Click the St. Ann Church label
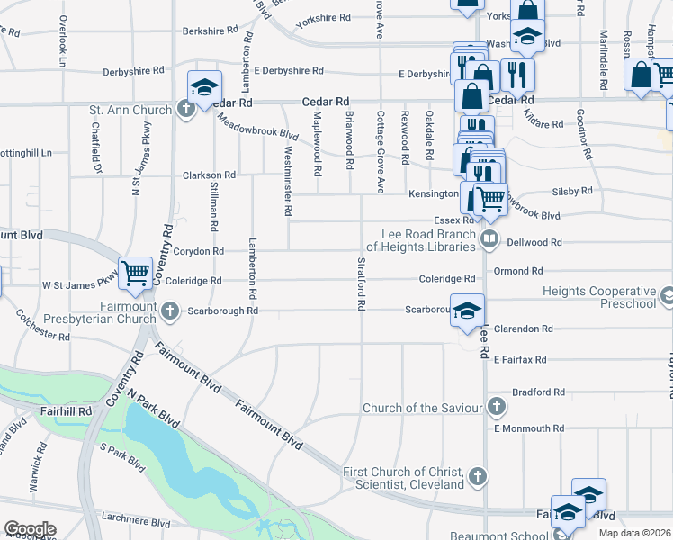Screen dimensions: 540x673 click(x=130, y=111)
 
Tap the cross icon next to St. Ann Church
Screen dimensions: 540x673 click(x=185, y=111)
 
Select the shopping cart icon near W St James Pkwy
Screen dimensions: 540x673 click(x=135, y=271)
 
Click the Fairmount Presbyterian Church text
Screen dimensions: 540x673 click(x=112, y=311)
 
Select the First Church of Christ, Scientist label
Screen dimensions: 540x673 click(x=404, y=477)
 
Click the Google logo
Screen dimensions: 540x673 click(x=30, y=529)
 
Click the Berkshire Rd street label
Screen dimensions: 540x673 click(x=210, y=31)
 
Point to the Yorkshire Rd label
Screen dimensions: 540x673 click(x=322, y=17)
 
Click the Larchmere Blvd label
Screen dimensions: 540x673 click(x=137, y=521)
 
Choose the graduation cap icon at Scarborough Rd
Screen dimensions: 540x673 click(x=466, y=310)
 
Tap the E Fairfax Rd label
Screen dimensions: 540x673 click(x=519, y=360)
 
